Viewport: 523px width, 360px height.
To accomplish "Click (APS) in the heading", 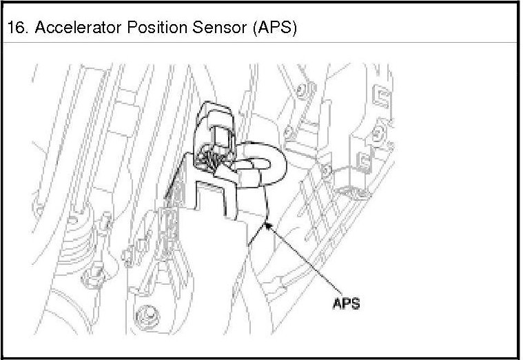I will pos(274,29).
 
